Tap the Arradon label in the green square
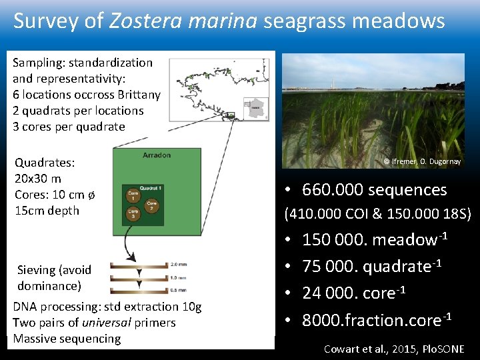157,155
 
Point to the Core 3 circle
133,214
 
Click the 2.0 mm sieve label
179,264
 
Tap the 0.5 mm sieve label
179,289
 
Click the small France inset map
255,107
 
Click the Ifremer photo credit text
422,161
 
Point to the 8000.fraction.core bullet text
377,320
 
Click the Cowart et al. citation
393,349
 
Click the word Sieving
36,270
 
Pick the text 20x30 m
38,179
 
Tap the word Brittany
137,95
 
